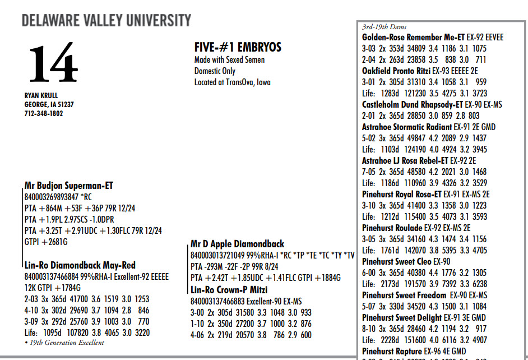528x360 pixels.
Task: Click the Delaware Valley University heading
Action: click(106, 21)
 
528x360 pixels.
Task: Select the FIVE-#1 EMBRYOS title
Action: click(238, 48)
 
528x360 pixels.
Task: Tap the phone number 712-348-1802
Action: click(44, 113)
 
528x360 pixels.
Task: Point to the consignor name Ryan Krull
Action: click(41, 95)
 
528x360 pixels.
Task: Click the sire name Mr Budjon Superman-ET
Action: click(69, 186)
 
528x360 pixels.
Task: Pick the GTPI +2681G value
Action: click(47, 242)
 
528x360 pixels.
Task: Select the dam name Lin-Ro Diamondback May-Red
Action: click(80, 266)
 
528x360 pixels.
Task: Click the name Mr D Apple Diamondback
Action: click(237, 244)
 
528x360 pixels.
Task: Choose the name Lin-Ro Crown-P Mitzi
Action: click(229, 290)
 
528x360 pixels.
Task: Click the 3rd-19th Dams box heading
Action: click(385, 26)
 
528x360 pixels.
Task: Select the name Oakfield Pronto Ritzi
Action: click(396, 71)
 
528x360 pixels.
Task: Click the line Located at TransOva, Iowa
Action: click(232, 82)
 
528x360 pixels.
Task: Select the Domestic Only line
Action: click(215, 71)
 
